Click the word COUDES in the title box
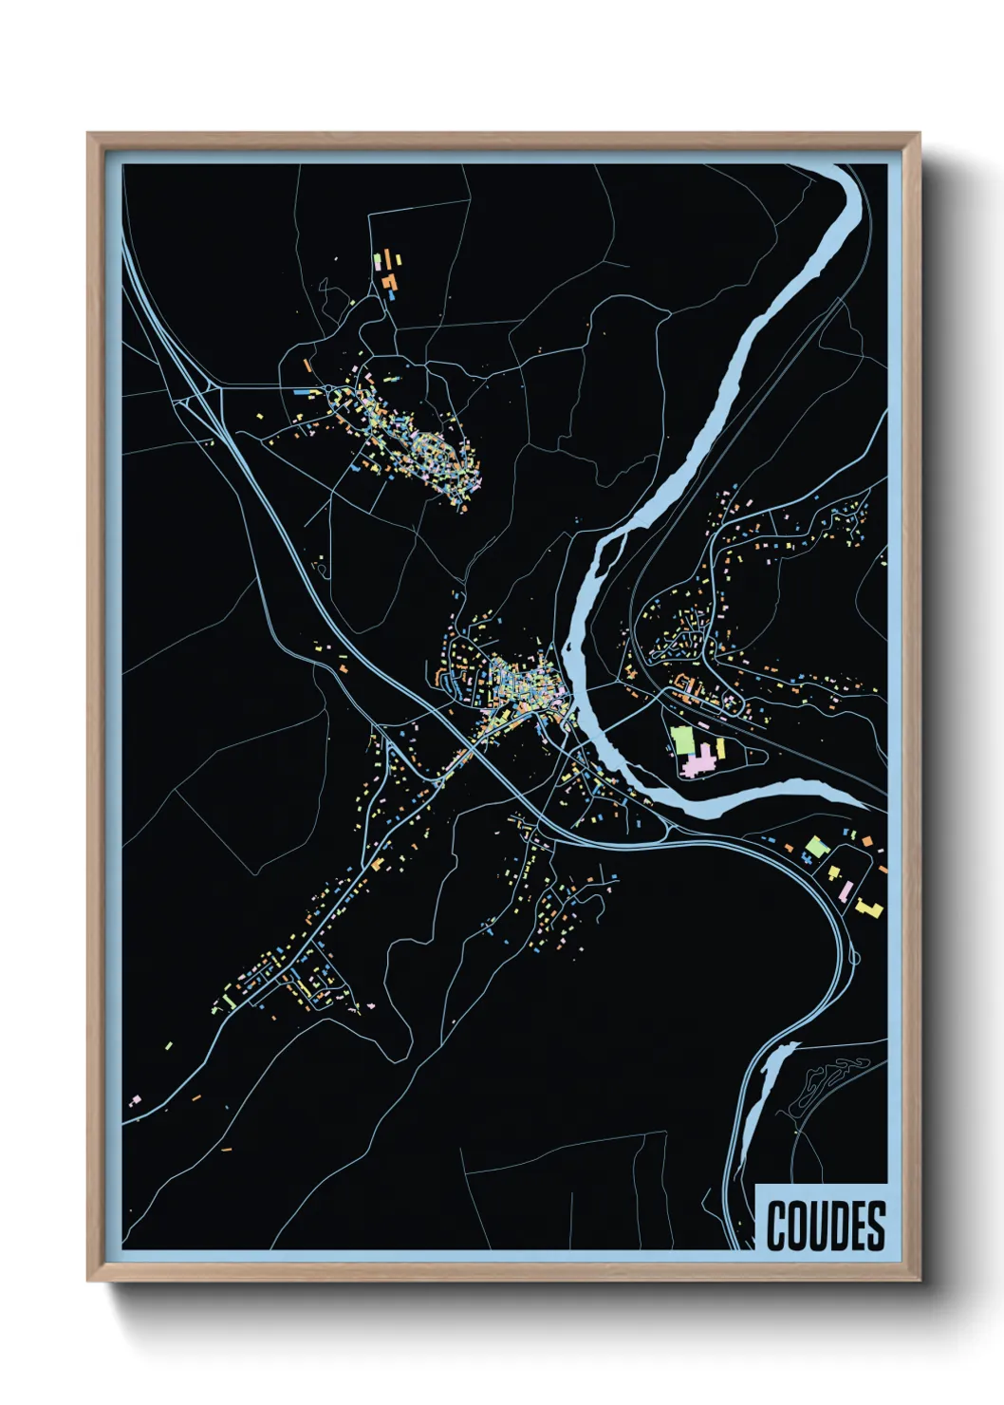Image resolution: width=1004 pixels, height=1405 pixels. click(825, 1226)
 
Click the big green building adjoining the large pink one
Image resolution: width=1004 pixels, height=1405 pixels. click(682, 739)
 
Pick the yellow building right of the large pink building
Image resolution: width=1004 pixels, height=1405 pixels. click(720, 749)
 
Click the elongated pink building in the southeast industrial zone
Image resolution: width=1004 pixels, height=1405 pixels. click(845, 890)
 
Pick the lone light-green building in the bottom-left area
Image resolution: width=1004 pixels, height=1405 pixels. click(169, 1046)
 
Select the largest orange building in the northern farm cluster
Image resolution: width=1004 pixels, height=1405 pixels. click(388, 281)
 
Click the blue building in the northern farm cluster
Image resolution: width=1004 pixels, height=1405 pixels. click(391, 295)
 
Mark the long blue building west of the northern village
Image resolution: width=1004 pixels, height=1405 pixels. click(302, 390)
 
